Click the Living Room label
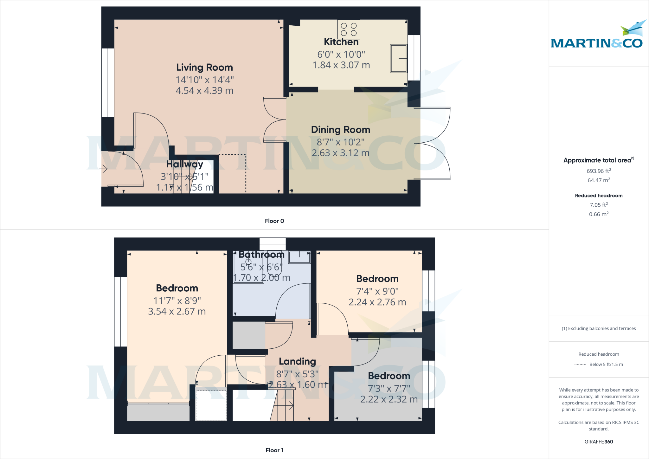[x=204, y=68]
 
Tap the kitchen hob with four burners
[x=349, y=29]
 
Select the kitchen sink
[x=399, y=59]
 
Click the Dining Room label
[x=341, y=130]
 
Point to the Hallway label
[x=185, y=164]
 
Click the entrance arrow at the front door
[x=103, y=169]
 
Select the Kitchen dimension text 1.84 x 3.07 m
[x=341, y=65]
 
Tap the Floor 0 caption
[x=274, y=221]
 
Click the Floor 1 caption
[x=274, y=450]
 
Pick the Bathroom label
[x=261, y=255]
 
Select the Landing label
[x=297, y=361]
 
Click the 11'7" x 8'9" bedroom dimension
[x=177, y=301]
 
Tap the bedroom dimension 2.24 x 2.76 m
[x=377, y=302]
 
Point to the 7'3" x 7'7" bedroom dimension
[x=389, y=388]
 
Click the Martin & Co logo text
[x=597, y=43]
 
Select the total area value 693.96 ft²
[x=599, y=171]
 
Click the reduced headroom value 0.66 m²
[x=599, y=214]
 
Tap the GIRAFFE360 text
[x=599, y=442]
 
